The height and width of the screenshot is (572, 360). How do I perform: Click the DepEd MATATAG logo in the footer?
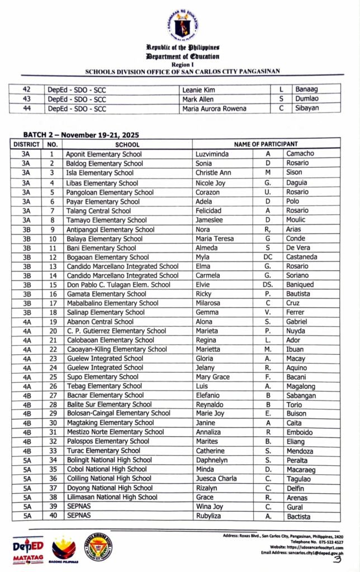[x=28, y=550]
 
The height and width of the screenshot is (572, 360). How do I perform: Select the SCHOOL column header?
[x=127, y=144]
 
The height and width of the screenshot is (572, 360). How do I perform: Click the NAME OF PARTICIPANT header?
[x=266, y=144]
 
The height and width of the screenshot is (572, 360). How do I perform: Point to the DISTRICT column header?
[x=26, y=144]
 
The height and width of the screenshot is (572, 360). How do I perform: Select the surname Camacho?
[x=300, y=154]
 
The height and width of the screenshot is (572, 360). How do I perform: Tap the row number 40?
[x=52, y=516]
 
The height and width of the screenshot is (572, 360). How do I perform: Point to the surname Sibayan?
[x=306, y=108]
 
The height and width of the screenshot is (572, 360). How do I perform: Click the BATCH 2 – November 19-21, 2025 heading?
[x=80, y=135]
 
